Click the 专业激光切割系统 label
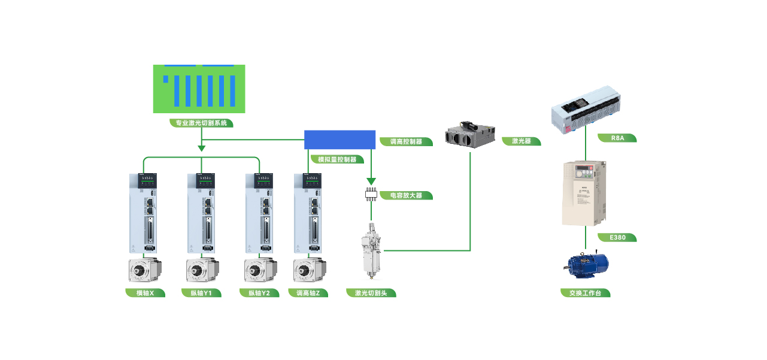click(201, 123)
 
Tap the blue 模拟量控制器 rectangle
click(340, 140)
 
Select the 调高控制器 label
click(406, 142)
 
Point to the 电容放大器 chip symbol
click(371, 194)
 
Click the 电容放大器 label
click(406, 195)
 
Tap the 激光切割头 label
click(371, 293)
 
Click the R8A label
click(617, 138)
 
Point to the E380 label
click(617, 238)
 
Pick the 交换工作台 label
click(586, 293)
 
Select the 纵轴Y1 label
click(202, 293)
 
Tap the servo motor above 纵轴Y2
click(260, 270)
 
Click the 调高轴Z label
click(308, 293)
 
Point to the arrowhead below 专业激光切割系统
click(202, 147)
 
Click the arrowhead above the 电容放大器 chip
click(371, 181)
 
